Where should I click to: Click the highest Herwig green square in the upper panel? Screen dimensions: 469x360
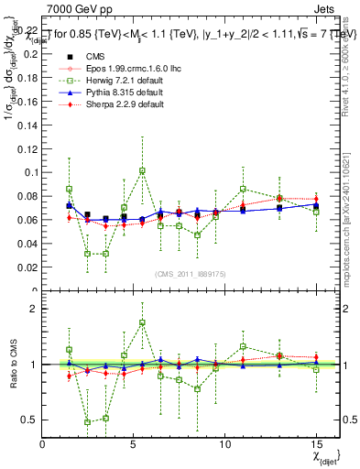click(142, 170)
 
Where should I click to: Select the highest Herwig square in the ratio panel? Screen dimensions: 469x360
click(142, 322)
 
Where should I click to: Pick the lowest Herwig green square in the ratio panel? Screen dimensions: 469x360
click(88, 422)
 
